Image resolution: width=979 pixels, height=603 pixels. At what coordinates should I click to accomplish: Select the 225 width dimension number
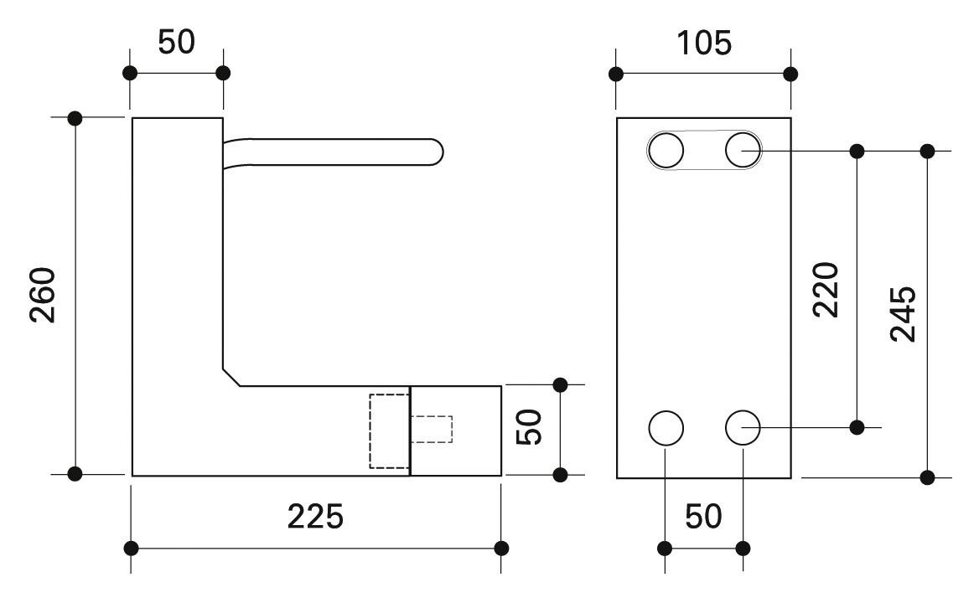click(315, 517)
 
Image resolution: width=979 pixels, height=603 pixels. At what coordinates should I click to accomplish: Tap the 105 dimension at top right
click(703, 43)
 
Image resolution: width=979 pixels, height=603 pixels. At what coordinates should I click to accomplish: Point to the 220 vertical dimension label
click(826, 289)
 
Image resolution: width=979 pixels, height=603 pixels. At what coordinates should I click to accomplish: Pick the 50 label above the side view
click(176, 42)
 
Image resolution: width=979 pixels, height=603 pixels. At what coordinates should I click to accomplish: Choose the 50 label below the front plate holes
click(702, 517)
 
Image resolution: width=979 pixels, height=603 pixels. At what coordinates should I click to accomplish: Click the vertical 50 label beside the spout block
click(530, 427)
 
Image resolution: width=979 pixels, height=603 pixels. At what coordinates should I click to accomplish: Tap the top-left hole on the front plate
click(666, 152)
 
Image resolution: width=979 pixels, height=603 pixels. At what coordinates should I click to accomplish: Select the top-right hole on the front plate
click(743, 151)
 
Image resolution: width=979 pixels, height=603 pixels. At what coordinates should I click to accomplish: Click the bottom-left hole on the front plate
click(666, 428)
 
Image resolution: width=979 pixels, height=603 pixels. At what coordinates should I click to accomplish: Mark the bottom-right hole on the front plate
click(743, 428)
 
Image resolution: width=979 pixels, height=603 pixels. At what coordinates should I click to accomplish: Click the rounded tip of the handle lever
click(434, 151)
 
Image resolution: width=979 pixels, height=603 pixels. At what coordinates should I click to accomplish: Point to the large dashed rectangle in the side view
click(390, 430)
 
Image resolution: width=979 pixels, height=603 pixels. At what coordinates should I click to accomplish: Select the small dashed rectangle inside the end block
click(431, 429)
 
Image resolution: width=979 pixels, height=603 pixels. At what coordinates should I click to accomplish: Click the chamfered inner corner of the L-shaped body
click(231, 377)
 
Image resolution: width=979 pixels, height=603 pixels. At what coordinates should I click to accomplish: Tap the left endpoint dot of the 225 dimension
click(131, 549)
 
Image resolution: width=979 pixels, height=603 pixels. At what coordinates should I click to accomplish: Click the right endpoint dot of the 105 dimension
click(790, 75)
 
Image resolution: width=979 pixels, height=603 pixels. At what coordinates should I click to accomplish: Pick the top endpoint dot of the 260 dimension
click(75, 117)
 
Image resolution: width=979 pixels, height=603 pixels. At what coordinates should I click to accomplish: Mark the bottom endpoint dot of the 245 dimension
click(927, 477)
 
